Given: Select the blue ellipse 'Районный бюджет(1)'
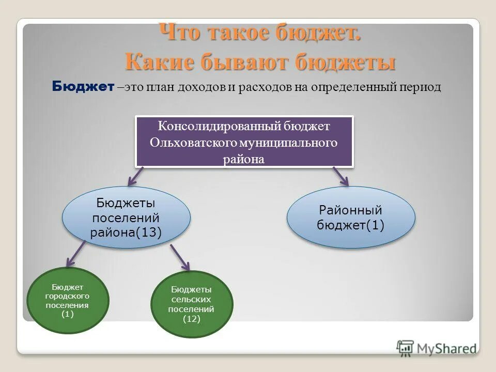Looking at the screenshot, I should tap(351, 217).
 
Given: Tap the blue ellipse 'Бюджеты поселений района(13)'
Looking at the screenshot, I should tap(126, 218).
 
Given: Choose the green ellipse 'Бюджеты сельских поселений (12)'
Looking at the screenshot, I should tap(191, 304).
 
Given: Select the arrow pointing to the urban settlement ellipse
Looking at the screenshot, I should tap(76, 255).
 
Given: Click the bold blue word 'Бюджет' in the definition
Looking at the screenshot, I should tap(83, 87).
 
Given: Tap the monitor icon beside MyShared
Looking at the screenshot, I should tap(406, 347).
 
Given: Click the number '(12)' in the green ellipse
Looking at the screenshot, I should tap(191, 319).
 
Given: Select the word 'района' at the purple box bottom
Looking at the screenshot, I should tap(244, 160).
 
